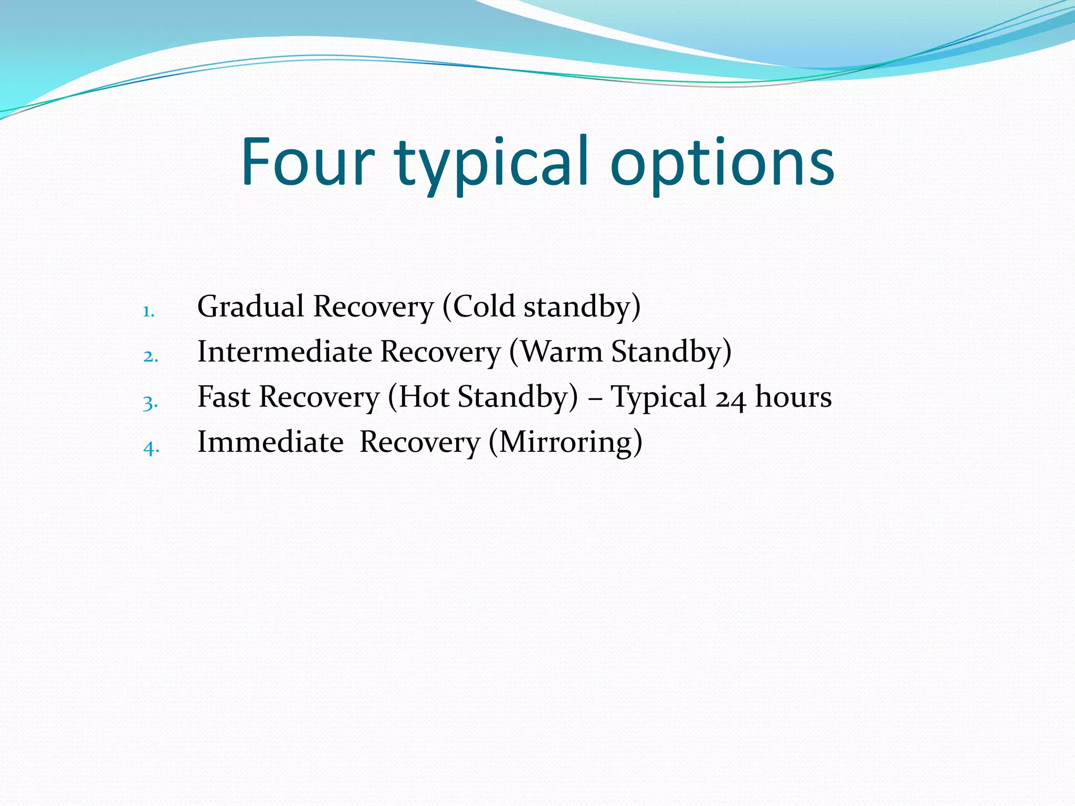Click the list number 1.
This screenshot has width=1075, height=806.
[x=149, y=312]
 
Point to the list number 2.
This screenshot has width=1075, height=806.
[x=150, y=357]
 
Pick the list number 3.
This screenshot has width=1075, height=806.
[x=150, y=402]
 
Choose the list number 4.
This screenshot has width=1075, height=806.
[x=151, y=448]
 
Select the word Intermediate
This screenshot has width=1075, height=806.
[x=284, y=351]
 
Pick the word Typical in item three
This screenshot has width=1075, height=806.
[x=659, y=398]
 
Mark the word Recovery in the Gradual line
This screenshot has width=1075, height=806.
[x=374, y=307]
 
